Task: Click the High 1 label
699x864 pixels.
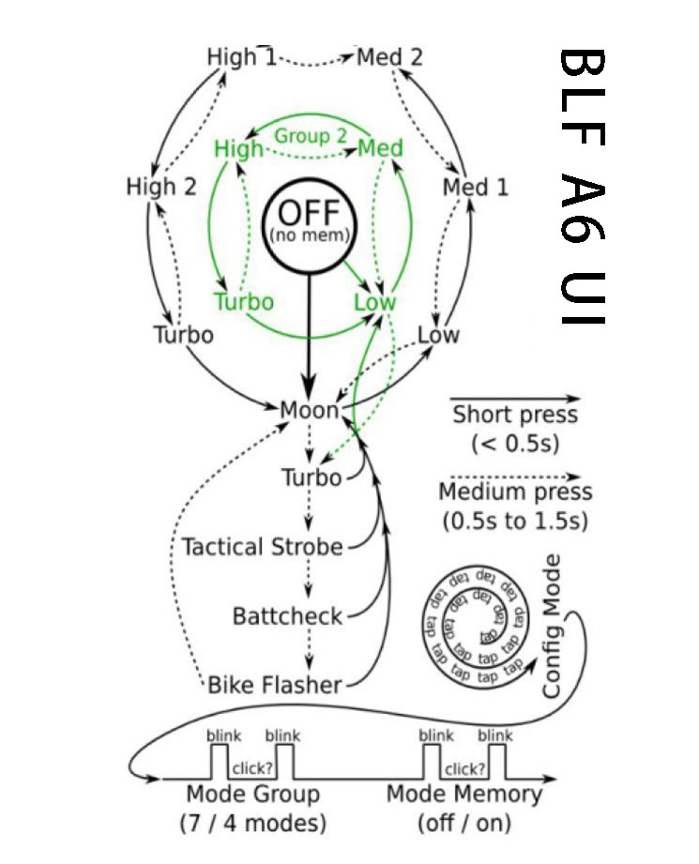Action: [241, 57]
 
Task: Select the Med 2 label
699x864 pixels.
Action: [389, 57]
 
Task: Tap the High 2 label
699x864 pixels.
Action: [160, 187]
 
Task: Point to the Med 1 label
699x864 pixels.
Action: [476, 188]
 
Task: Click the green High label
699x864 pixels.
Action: [238, 148]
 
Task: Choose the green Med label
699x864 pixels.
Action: [381, 148]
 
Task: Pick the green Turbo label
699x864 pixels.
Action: [244, 302]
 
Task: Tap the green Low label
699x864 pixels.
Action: [375, 302]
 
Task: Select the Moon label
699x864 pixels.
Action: [310, 410]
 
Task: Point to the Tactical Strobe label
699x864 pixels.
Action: [262, 547]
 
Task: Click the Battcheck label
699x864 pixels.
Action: [287, 616]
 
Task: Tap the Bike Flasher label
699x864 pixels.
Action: [274, 685]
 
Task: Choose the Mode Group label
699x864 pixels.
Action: [252, 795]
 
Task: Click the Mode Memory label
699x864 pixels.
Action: [464, 795]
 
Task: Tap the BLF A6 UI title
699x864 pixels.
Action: [582, 187]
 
